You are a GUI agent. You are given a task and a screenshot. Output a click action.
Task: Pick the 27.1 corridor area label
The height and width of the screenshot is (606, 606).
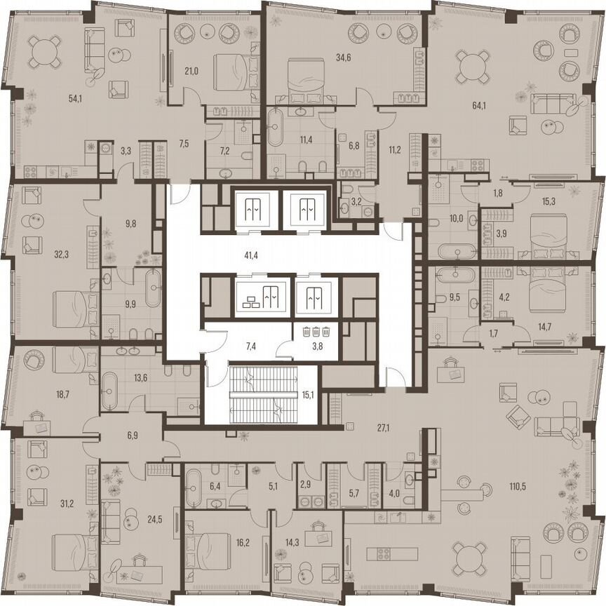362,426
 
